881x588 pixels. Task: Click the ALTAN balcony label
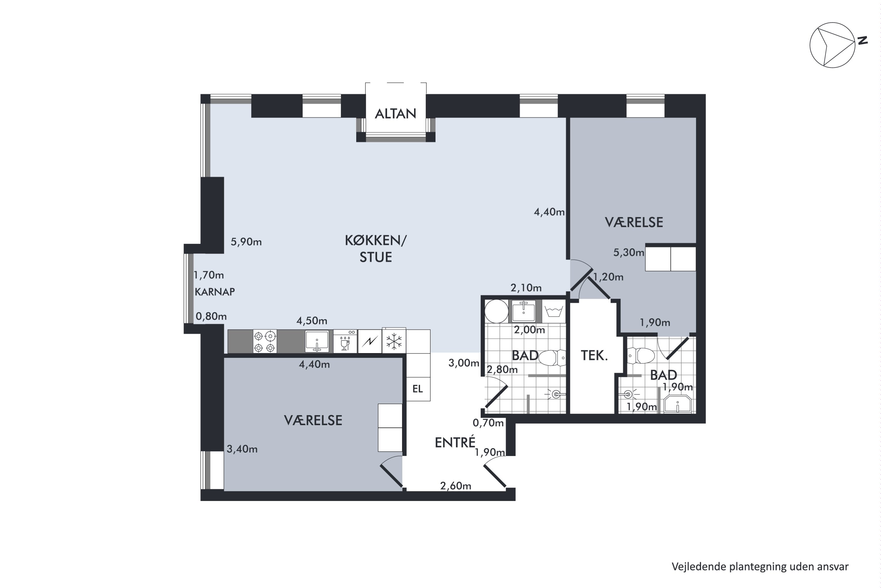pyautogui.click(x=395, y=113)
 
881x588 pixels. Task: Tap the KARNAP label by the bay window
pyautogui.click(x=215, y=292)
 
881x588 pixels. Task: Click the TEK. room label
pyautogui.click(x=594, y=355)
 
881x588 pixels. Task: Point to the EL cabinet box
pyautogui.click(x=418, y=389)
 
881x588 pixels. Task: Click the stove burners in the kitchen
pyautogui.click(x=265, y=341)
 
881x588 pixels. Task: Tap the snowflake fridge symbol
pyautogui.click(x=394, y=341)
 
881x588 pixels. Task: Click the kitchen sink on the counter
pyautogui.click(x=317, y=341)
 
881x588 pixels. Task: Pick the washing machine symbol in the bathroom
pyautogui.click(x=554, y=311)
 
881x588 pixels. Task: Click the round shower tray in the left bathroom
pyautogui.click(x=497, y=311)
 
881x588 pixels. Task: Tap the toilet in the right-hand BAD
pyautogui.click(x=640, y=355)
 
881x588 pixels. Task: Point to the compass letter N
pyautogui.click(x=863, y=41)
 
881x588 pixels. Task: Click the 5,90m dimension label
pyautogui.click(x=246, y=242)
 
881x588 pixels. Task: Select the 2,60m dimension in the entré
pyautogui.click(x=455, y=486)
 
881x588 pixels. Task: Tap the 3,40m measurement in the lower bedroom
pyautogui.click(x=242, y=449)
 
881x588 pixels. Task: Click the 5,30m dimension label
pyautogui.click(x=628, y=252)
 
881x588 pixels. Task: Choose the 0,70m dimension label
pyautogui.click(x=488, y=423)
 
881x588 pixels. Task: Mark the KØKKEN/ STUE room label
pyautogui.click(x=376, y=249)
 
